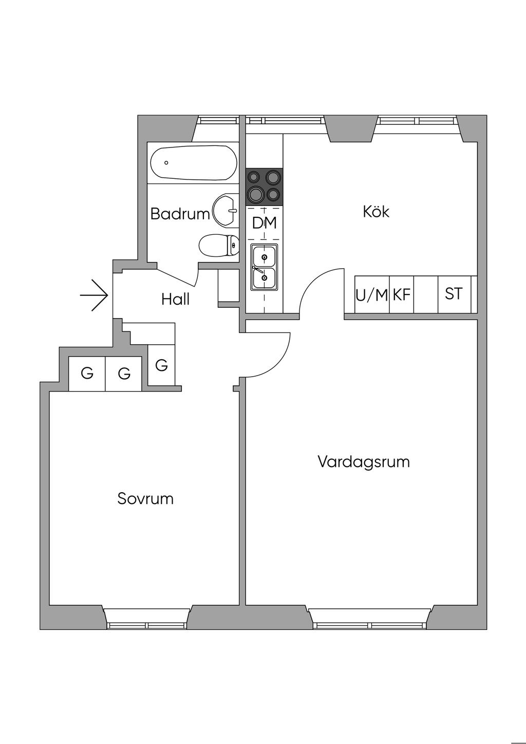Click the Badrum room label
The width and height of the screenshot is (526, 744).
pyautogui.click(x=180, y=214)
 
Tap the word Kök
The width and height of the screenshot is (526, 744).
pyautogui.click(x=376, y=211)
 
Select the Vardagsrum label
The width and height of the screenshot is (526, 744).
pyautogui.click(x=364, y=461)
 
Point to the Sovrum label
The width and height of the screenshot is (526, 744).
pyautogui.click(x=145, y=498)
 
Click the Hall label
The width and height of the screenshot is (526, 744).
pyautogui.click(x=176, y=299)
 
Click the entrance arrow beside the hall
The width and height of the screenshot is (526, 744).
pyautogui.click(x=94, y=295)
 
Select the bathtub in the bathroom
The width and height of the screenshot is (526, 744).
pyautogui.click(x=193, y=163)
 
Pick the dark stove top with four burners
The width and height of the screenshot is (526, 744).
pyautogui.click(x=264, y=187)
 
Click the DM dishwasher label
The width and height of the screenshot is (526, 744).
pyautogui.click(x=264, y=223)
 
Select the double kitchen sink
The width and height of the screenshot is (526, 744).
pyautogui.click(x=264, y=267)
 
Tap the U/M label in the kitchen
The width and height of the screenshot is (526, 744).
pyautogui.click(x=371, y=295)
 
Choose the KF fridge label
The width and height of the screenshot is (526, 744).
pyautogui.click(x=402, y=295)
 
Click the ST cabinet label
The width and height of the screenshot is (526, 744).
pyautogui.click(x=454, y=294)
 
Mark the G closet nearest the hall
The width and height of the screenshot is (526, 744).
pyautogui.click(x=161, y=365)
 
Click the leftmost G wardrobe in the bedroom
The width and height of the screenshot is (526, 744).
pyautogui.click(x=87, y=374)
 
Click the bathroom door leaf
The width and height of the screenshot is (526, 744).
pyautogui.click(x=177, y=276)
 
